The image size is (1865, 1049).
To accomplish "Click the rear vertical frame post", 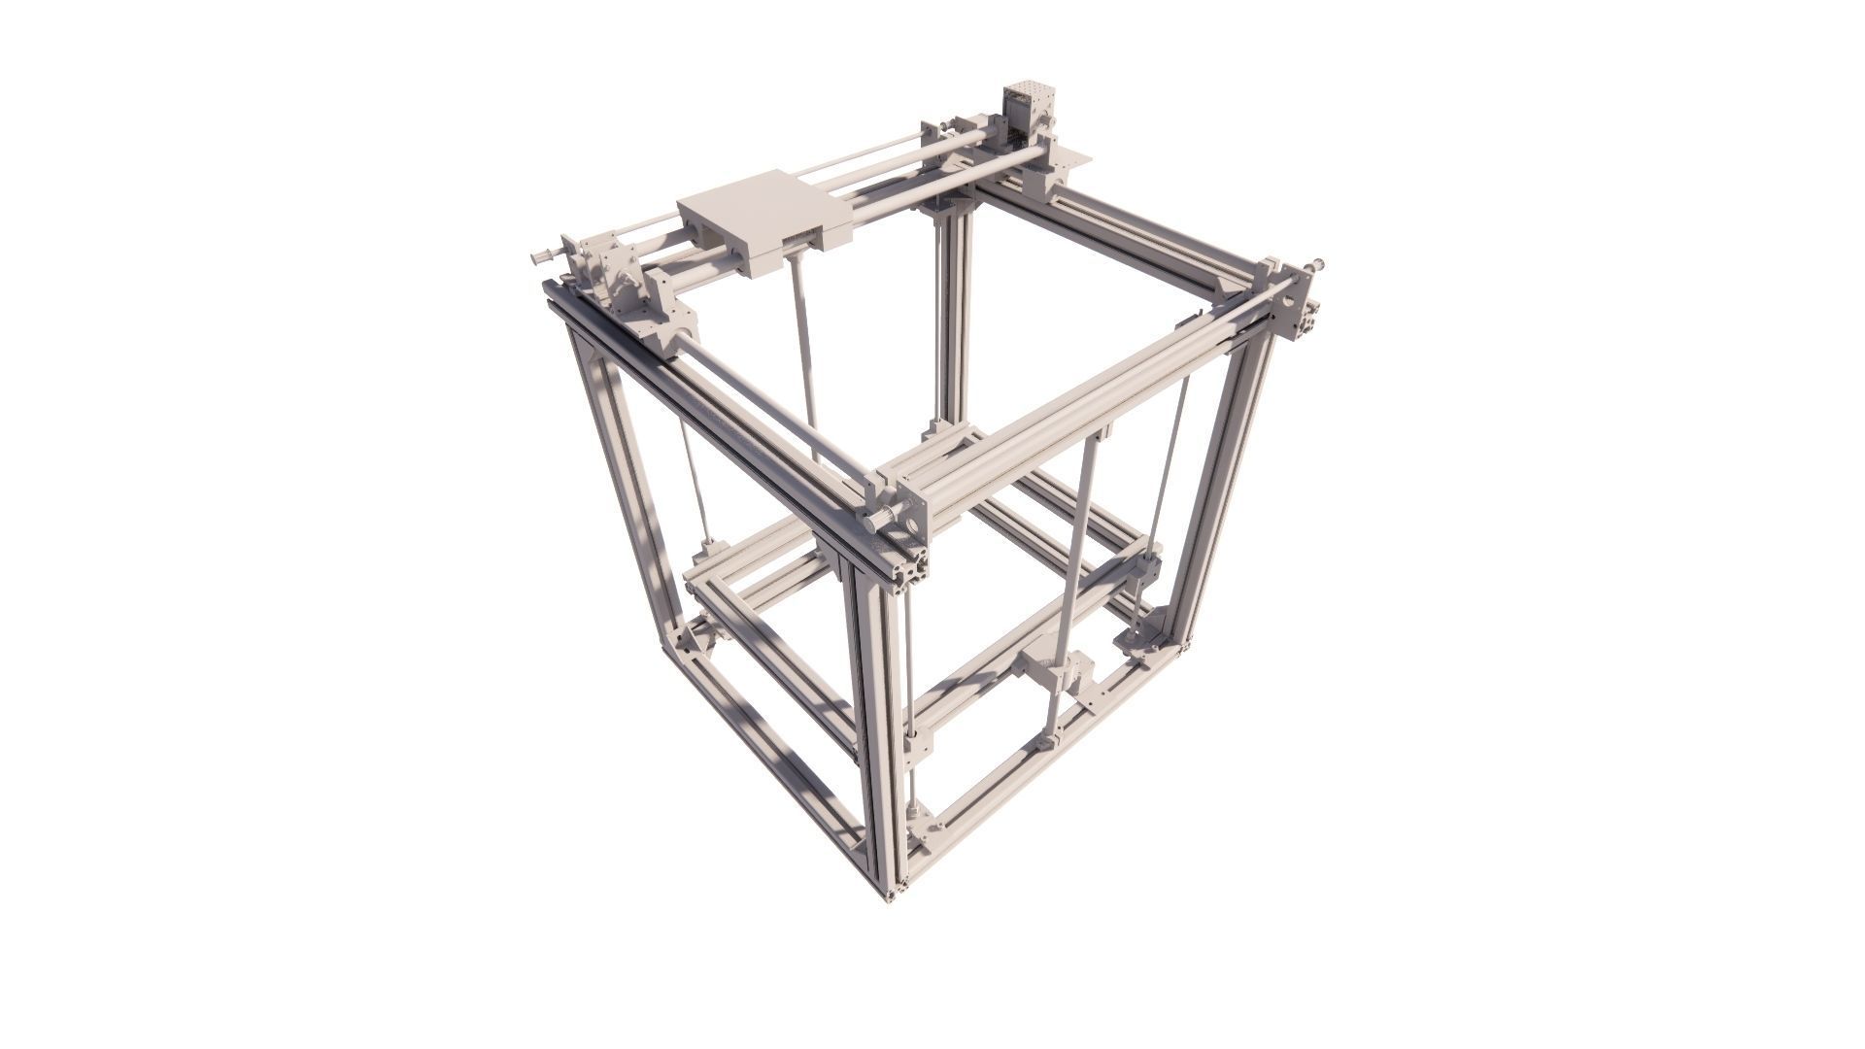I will tap(952, 321).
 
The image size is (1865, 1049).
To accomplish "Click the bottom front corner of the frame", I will tap(889, 889).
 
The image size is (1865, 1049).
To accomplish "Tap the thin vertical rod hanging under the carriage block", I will tap(804, 340).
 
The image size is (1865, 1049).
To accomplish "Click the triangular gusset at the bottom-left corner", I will tap(692, 636).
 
